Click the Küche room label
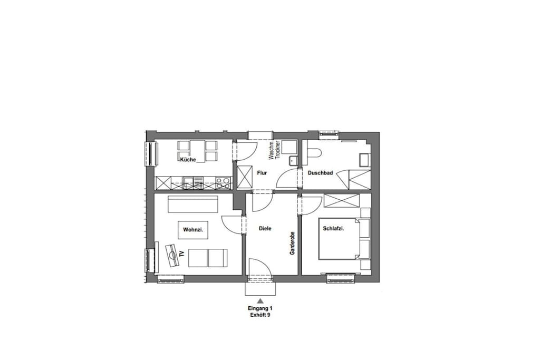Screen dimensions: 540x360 tap(188, 160)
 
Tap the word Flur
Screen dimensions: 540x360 tap(262, 173)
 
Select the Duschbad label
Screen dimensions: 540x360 tap(320, 173)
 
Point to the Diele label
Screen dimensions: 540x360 tap(265, 228)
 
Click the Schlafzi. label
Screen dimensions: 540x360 tap(334, 229)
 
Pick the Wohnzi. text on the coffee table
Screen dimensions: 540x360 tap(193, 230)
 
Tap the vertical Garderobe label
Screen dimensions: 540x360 tap(292, 242)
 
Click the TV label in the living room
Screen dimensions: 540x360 tap(182, 255)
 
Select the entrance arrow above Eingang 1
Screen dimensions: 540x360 tap(261, 300)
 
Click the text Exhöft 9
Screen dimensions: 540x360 tap(260, 315)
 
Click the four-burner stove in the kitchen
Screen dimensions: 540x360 tap(224, 183)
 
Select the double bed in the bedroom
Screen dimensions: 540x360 tap(339, 239)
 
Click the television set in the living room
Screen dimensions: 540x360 tap(172, 256)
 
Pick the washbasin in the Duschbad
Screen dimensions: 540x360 tap(365, 160)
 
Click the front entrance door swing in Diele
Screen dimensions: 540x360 tap(261, 268)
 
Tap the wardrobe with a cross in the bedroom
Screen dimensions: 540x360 tap(342, 201)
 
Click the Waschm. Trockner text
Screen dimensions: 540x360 tap(274, 150)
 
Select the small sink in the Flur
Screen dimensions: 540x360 tap(293, 161)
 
